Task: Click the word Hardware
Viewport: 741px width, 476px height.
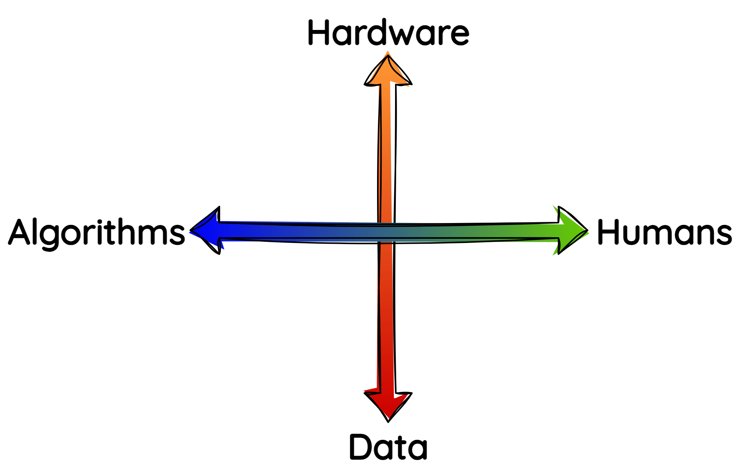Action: click(x=388, y=33)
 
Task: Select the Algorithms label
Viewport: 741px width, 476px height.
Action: click(x=97, y=233)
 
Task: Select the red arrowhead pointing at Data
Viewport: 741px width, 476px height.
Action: click(x=388, y=405)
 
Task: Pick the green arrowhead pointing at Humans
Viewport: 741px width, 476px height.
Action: click(x=571, y=230)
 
